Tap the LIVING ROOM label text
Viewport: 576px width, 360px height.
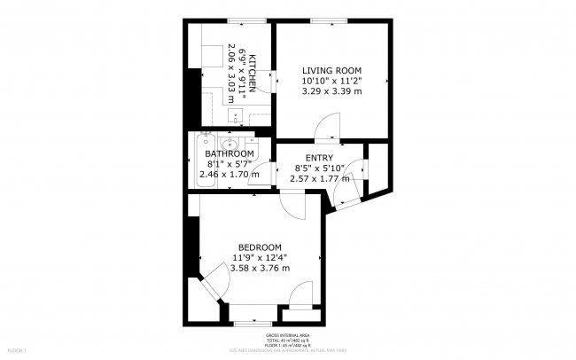click(x=331, y=70)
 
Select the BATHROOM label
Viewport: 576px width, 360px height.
click(x=230, y=153)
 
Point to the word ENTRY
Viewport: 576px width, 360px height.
click(x=319, y=159)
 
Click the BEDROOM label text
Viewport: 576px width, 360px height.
click(x=260, y=247)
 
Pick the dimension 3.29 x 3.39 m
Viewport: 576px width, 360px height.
click(x=331, y=90)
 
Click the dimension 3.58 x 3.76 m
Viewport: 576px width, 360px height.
click(x=260, y=268)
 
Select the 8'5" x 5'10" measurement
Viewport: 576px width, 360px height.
click(x=319, y=168)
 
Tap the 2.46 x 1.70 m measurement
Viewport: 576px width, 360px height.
click(x=230, y=174)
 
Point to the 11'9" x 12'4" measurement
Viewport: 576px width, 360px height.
click(x=260, y=257)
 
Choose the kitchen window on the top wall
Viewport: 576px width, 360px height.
click(x=238, y=20)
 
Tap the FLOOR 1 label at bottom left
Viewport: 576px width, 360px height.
click(x=19, y=350)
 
